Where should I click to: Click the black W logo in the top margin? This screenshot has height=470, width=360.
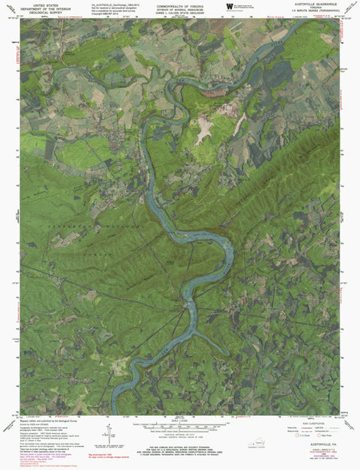[x=228, y=7]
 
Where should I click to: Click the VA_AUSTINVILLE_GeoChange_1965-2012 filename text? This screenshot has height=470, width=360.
[x=109, y=5]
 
